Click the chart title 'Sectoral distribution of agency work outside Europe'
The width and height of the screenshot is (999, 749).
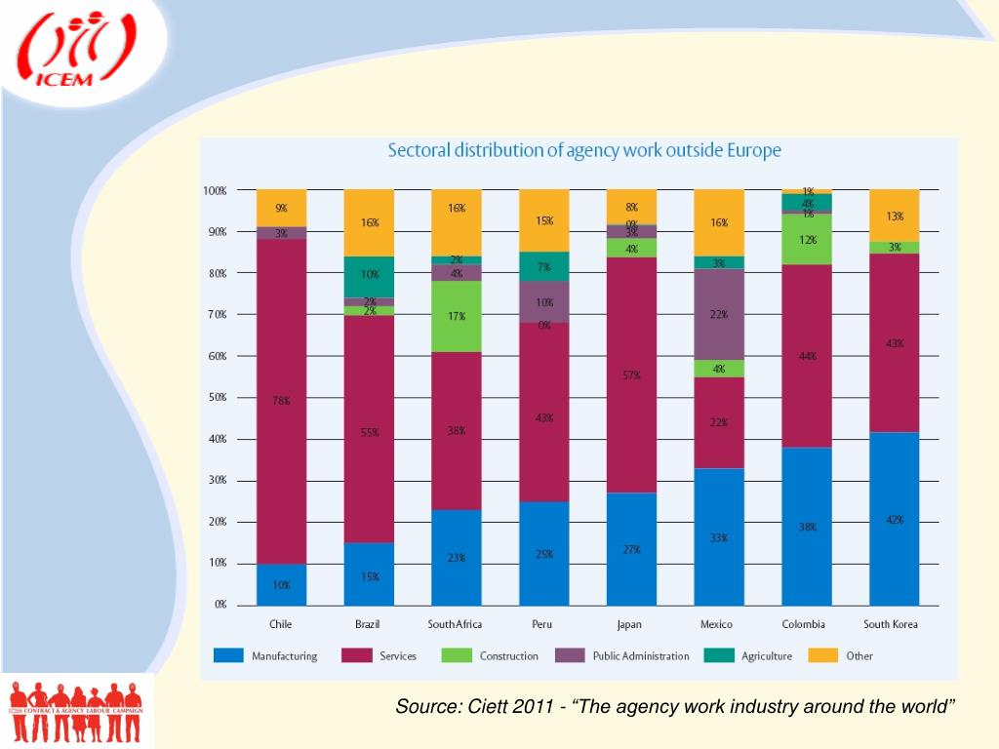[584, 151]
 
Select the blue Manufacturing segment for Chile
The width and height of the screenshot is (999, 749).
[282, 584]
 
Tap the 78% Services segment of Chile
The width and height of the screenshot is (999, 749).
[282, 401]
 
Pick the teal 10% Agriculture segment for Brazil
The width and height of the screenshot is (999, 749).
[369, 276]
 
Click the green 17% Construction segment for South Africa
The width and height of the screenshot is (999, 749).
[457, 316]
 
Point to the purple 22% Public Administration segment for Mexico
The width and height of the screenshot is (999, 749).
[719, 314]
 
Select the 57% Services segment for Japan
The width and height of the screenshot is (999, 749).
[631, 375]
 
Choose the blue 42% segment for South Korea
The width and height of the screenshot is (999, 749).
[894, 519]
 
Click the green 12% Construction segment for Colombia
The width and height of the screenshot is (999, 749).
[807, 240]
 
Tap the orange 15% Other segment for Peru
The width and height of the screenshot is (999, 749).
[543, 220]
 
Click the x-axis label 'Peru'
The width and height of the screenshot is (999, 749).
[543, 624]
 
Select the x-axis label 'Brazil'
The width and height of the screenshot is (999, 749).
[369, 624]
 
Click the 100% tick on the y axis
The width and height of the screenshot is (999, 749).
[215, 191]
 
